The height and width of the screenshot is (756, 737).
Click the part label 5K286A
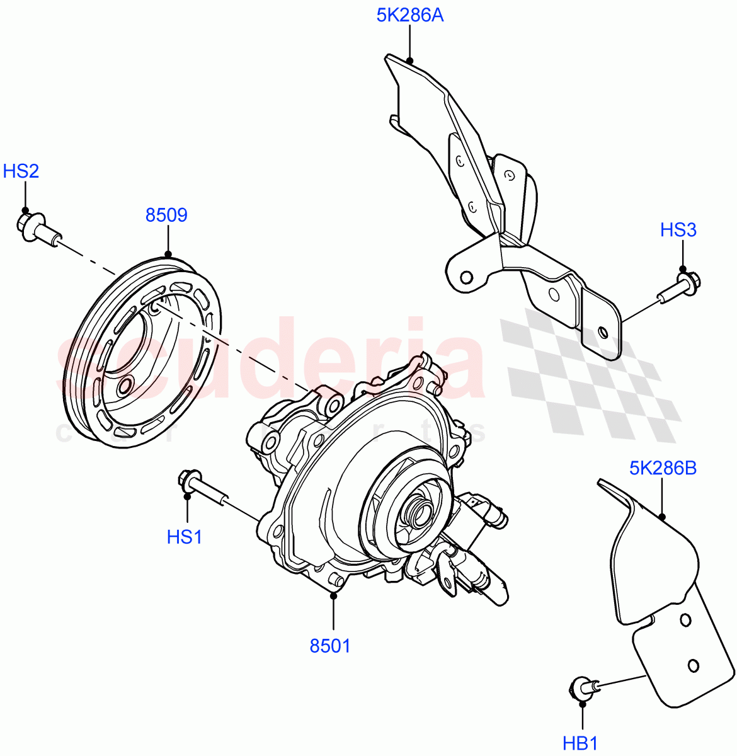(x=409, y=14)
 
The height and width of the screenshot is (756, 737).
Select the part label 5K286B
(x=662, y=469)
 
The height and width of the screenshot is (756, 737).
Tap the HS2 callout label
(x=21, y=171)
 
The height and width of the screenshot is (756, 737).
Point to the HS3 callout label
(x=678, y=230)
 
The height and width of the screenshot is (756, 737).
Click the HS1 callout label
(x=184, y=537)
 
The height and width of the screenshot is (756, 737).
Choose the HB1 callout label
(x=580, y=743)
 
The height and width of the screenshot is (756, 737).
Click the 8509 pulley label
(x=166, y=215)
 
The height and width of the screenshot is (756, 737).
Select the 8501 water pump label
(x=329, y=646)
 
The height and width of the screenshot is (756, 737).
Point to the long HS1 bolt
(x=202, y=488)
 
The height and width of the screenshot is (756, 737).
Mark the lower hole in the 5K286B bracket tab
(x=693, y=665)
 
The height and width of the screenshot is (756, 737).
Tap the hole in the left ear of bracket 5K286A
(x=466, y=277)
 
